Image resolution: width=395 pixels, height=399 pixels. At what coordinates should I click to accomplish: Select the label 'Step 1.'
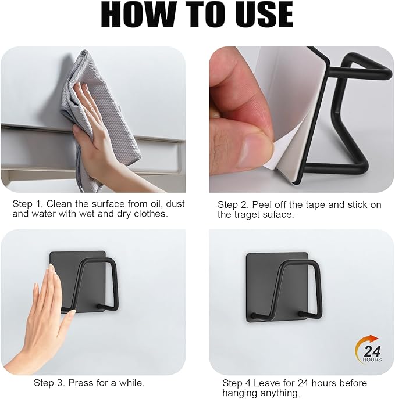pos(27,204)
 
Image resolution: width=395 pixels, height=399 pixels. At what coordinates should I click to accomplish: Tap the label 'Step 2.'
pos(233,204)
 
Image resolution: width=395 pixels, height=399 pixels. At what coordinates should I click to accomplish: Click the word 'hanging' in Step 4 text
pos(240,393)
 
